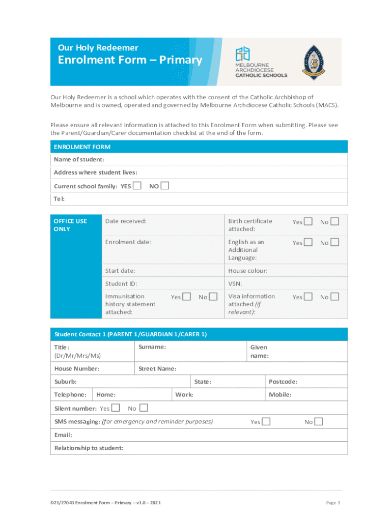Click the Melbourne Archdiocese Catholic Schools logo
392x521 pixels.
coord(260,62)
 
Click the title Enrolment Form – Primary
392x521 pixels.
coord(130,60)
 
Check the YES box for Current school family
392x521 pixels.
coord(137,186)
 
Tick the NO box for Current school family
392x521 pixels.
coord(164,186)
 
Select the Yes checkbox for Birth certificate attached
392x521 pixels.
coord(308,221)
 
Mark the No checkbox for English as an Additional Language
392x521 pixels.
coord(334,243)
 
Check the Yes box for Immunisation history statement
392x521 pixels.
coord(187,297)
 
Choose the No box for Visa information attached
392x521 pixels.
coord(334,297)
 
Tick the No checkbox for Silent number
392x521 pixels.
coord(144,408)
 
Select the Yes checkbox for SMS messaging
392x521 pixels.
coord(266,421)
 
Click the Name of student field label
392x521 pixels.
coord(79,160)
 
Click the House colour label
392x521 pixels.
coord(247,271)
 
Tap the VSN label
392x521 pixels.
coord(235,283)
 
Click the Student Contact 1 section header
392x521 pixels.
coord(131,334)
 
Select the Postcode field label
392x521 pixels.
coord(283,382)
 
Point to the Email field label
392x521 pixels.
coord(63,435)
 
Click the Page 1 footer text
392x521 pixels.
coord(332,503)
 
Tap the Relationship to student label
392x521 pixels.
coord(89,448)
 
